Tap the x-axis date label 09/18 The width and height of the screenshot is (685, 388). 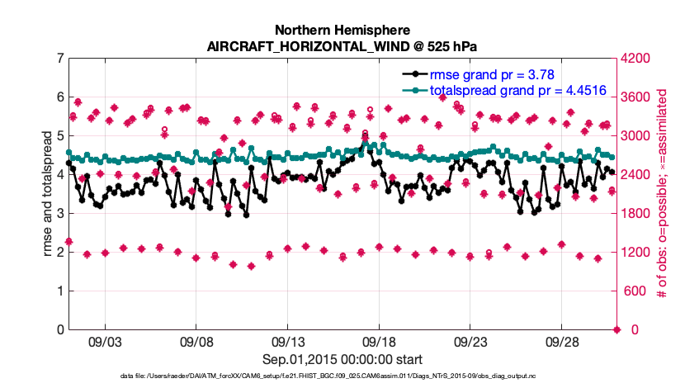pyautogui.click(x=378, y=342)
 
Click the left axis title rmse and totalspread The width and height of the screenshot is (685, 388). pyautogui.click(x=48, y=193)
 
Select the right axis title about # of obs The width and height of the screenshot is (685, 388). pyautogui.click(x=663, y=194)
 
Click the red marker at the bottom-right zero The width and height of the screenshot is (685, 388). pyautogui.click(x=616, y=329)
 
